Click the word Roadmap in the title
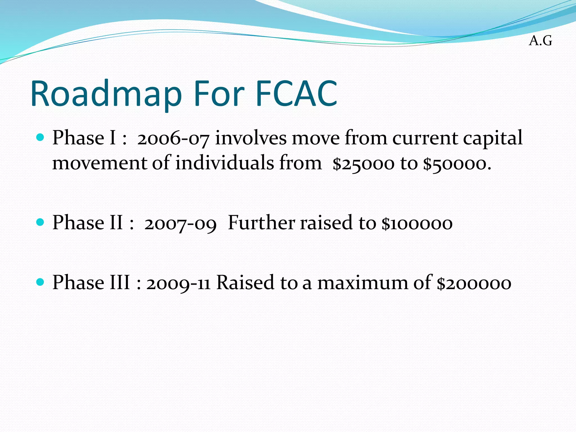pyautogui.click(x=106, y=94)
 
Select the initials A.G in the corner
pyautogui.click(x=540, y=41)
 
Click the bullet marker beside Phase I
pyautogui.click(x=40, y=138)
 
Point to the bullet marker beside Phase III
pyautogui.click(x=40, y=282)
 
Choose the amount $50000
pyautogui.click(x=457, y=164)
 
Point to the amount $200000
pyautogui.click(x=474, y=283)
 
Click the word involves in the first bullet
pyautogui.click(x=251, y=138)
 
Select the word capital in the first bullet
pyautogui.click(x=493, y=139)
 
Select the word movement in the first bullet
pyautogui.click(x=100, y=164)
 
